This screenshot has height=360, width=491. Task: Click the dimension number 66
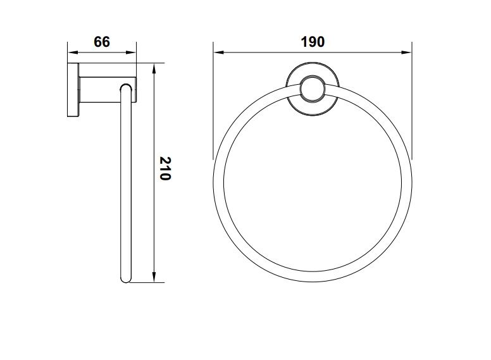click(102, 42)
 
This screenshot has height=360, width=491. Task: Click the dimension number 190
click(313, 42)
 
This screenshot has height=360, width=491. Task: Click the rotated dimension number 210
click(165, 168)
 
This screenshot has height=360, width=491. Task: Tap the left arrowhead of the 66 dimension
click(72, 53)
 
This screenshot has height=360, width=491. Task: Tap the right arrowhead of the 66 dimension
click(131, 53)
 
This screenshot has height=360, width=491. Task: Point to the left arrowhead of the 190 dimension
click(218, 53)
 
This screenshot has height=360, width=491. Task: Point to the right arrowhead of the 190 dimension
click(406, 53)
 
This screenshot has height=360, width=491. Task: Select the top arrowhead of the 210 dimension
click(154, 68)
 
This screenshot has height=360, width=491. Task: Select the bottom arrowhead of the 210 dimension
click(154, 277)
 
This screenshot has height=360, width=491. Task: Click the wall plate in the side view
click(73, 90)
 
